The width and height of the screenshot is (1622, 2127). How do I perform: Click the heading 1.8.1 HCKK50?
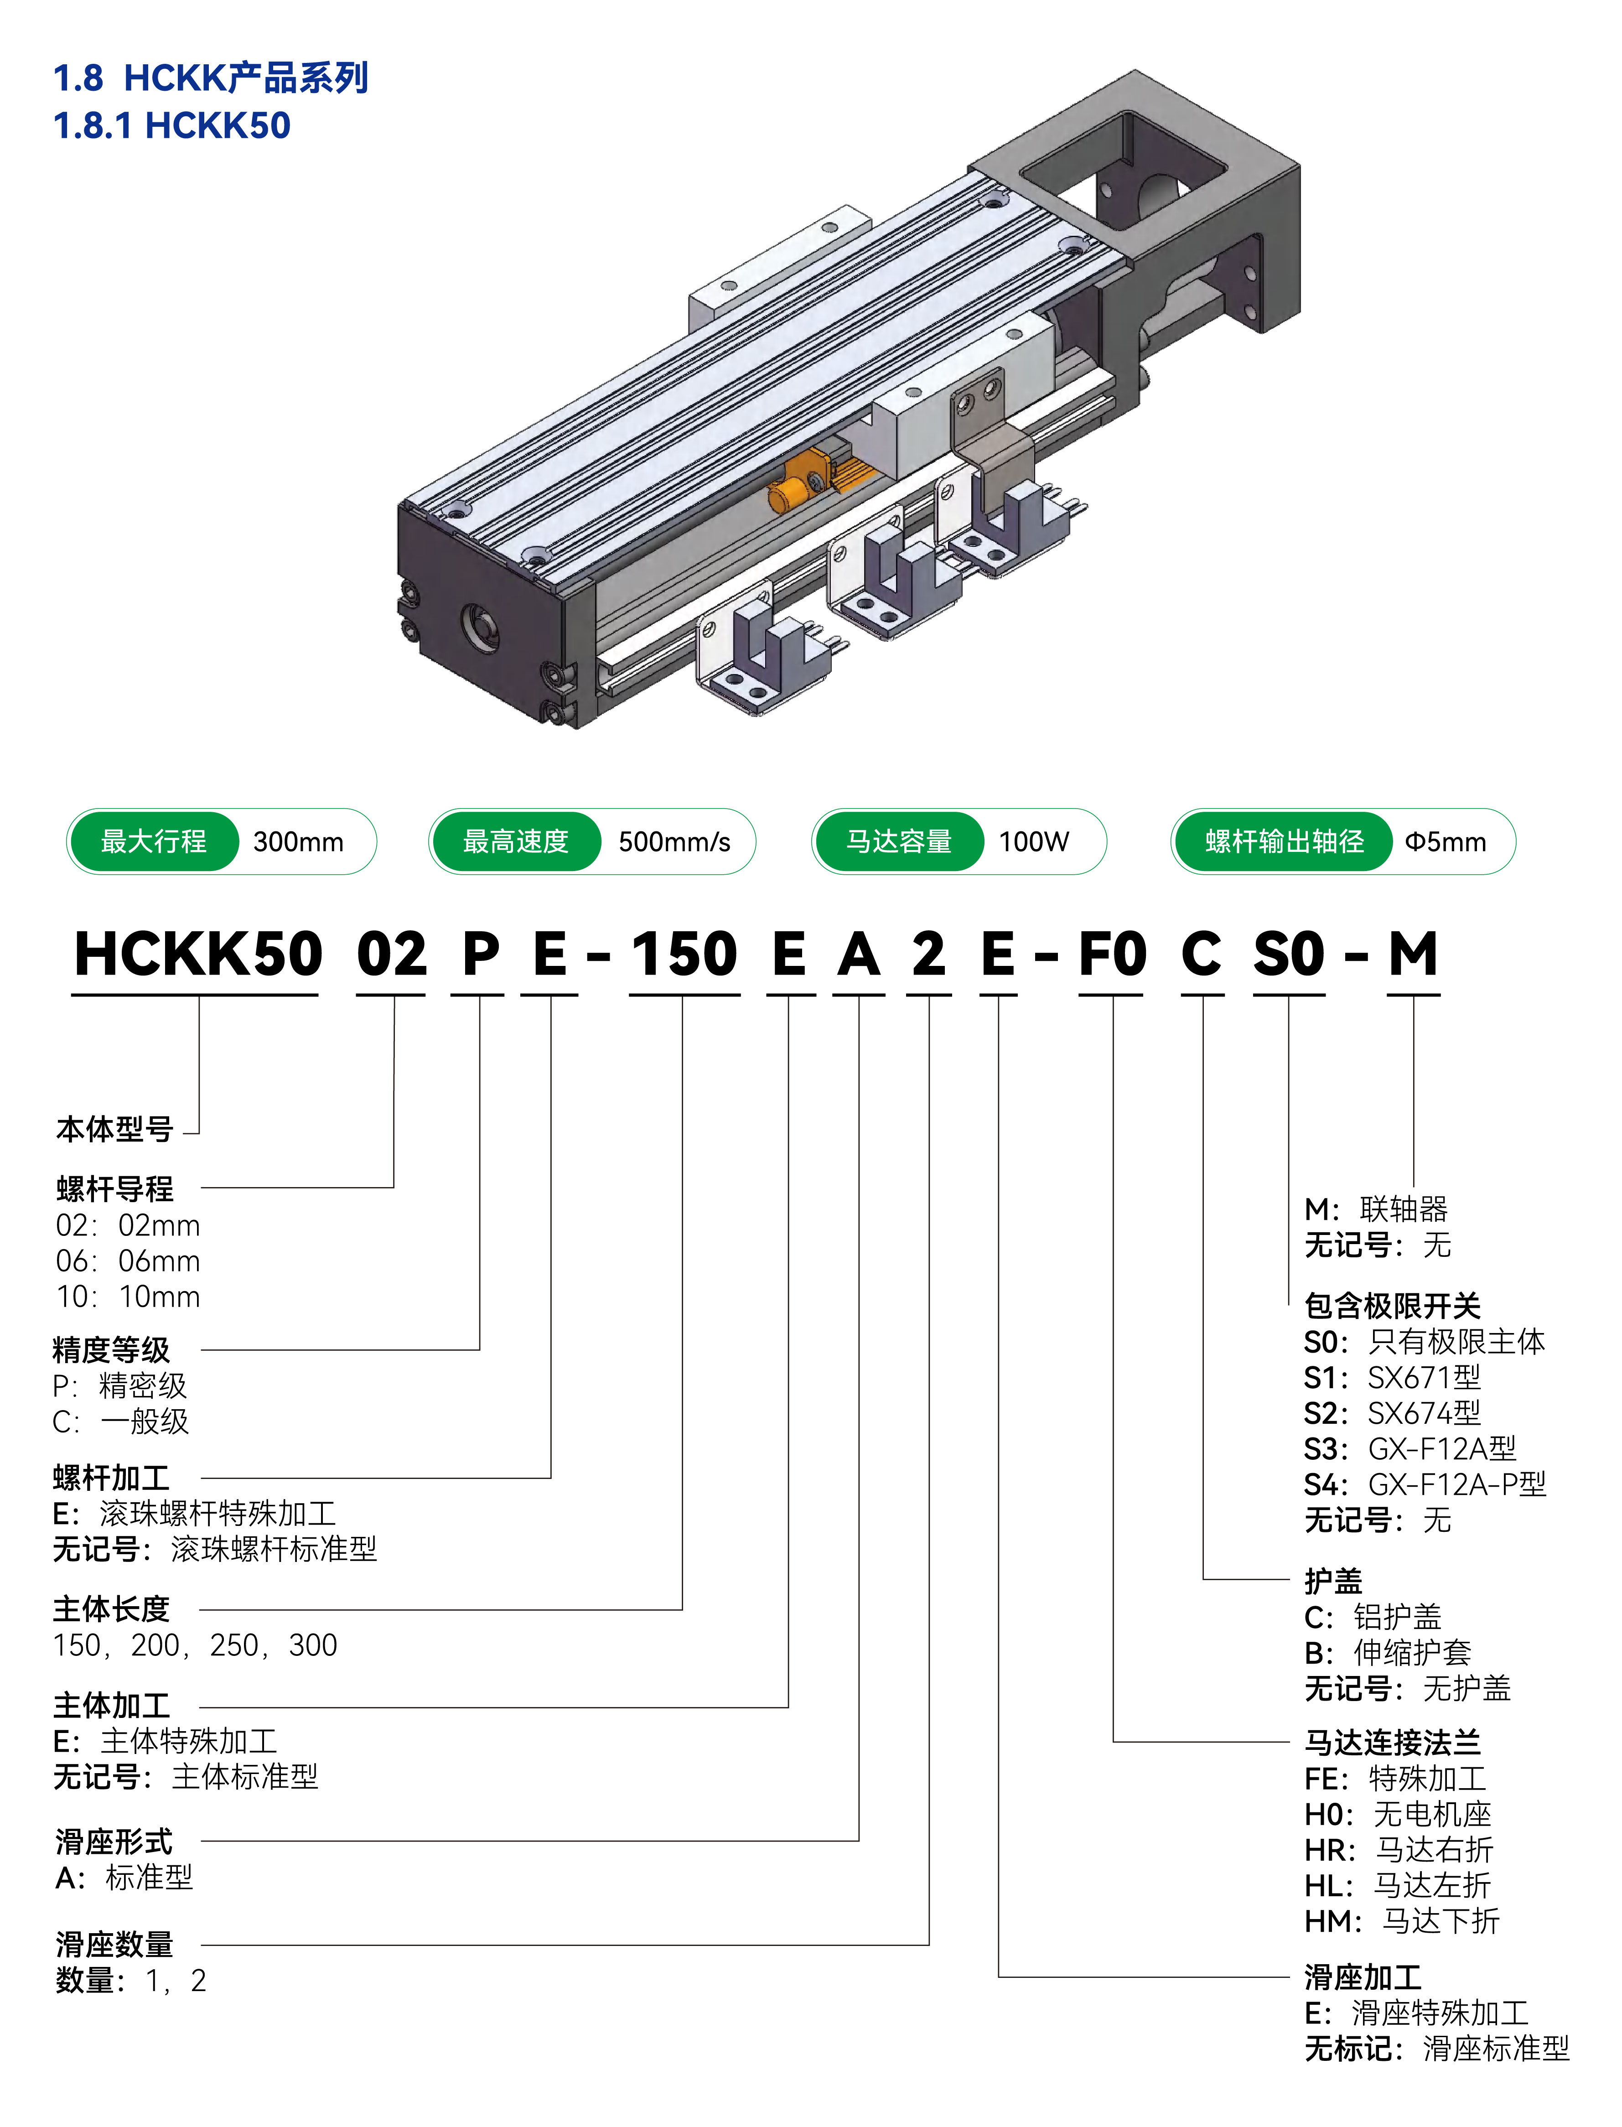click(x=172, y=125)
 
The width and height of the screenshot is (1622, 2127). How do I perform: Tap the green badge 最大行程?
click(x=154, y=841)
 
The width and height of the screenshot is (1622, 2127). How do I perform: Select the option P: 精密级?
click(x=120, y=1385)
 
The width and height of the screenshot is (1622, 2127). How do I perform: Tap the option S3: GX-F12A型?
click(x=1410, y=1448)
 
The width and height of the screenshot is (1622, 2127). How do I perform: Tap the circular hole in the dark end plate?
click(x=480, y=628)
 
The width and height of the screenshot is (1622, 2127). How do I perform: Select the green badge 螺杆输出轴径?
click(x=1284, y=841)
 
